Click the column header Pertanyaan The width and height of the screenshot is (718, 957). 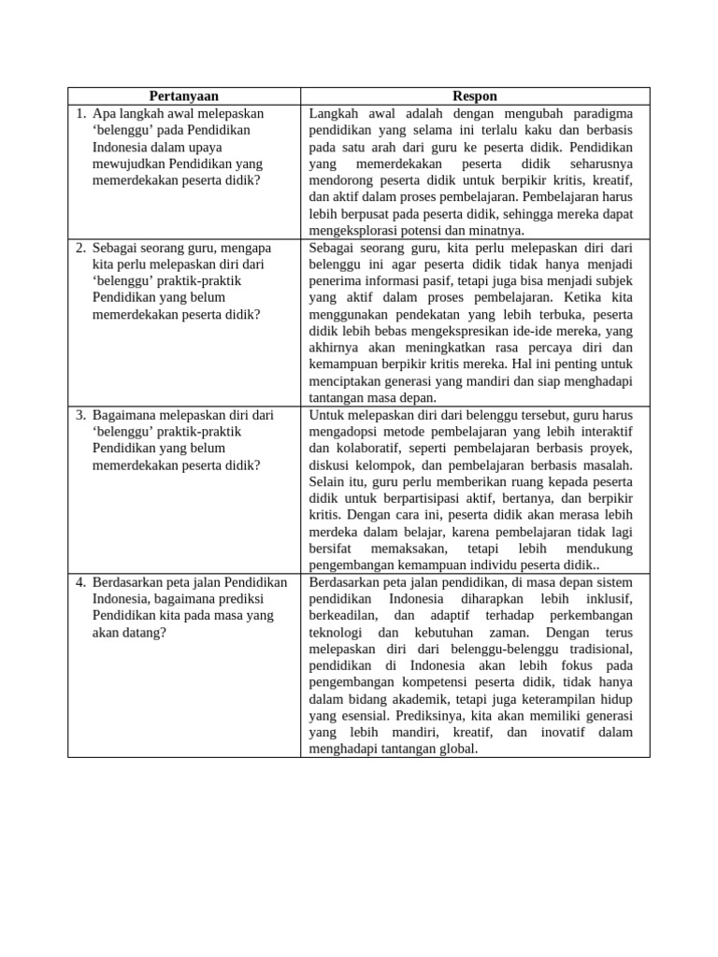(x=184, y=96)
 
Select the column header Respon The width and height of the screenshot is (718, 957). (x=475, y=96)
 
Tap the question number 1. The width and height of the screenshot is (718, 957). (x=80, y=113)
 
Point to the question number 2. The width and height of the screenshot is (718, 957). (x=80, y=248)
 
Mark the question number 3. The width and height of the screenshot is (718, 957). (x=80, y=414)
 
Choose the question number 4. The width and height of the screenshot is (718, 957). (x=80, y=582)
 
